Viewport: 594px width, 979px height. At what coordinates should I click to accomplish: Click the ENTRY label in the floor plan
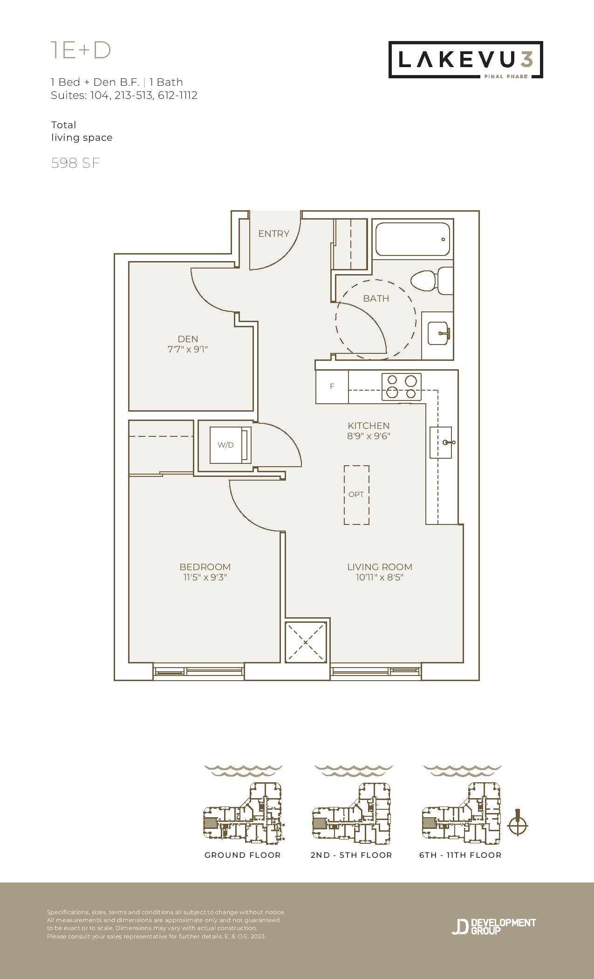[273, 234]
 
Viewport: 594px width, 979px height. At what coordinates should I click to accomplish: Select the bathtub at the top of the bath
[412, 239]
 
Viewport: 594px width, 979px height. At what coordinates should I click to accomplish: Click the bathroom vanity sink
[438, 333]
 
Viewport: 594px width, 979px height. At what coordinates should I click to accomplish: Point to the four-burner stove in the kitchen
[402, 386]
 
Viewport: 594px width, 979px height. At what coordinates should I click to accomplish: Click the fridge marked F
[332, 386]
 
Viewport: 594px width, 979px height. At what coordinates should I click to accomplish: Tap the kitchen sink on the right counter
[441, 442]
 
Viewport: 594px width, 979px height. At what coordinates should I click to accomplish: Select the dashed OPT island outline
[356, 495]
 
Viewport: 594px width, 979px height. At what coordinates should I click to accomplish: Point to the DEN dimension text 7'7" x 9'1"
[187, 349]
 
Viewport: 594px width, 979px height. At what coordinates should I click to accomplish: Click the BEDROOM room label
[205, 567]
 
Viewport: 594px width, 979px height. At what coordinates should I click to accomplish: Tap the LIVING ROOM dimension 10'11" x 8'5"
[379, 578]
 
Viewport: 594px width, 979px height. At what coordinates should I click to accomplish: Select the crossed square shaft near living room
[306, 642]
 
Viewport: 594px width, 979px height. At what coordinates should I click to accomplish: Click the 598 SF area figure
[75, 163]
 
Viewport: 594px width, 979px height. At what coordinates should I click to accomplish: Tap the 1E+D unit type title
[81, 50]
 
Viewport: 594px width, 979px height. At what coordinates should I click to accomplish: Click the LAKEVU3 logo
[466, 60]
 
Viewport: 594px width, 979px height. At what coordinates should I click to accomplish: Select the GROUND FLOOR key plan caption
[243, 855]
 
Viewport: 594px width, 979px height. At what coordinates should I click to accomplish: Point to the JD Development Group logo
[494, 926]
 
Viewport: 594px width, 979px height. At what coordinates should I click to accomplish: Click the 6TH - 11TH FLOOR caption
[460, 855]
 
